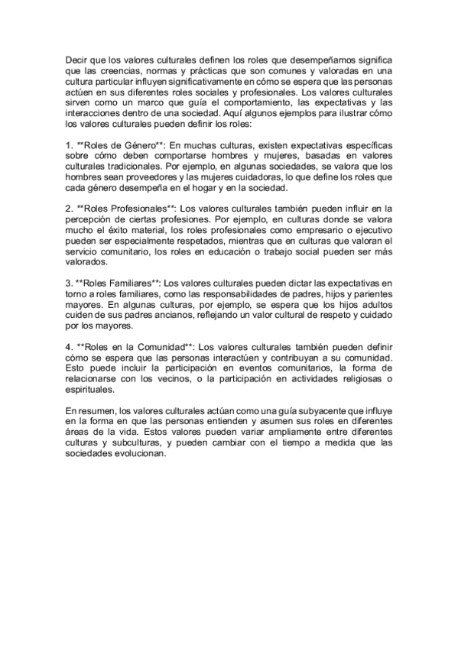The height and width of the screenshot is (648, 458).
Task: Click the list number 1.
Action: (x=69, y=144)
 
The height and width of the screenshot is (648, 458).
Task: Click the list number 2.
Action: (x=69, y=207)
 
